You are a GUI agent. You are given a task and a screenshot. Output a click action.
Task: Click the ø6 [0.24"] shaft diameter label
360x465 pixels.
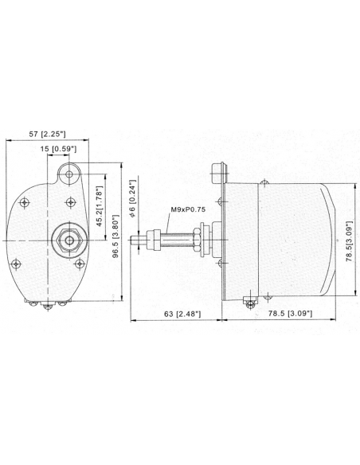135,198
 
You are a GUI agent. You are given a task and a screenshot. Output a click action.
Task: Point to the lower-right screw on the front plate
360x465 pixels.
80,264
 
